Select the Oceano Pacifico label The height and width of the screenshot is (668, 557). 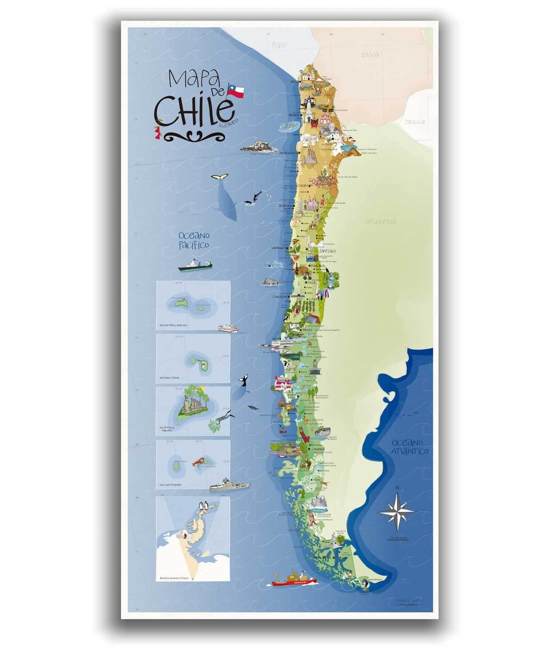coord(194,240)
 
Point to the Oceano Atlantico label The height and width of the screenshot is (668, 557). coord(410,446)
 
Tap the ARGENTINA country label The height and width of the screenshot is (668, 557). coord(380,222)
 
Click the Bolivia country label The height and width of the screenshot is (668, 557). coord(370,54)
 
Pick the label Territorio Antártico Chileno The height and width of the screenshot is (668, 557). coord(174,578)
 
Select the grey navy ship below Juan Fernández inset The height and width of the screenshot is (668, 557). coord(229,486)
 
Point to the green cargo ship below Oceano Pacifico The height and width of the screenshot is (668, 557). coord(195,266)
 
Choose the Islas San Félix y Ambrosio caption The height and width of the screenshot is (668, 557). coord(173,325)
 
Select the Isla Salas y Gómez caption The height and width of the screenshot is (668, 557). coord(170,377)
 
